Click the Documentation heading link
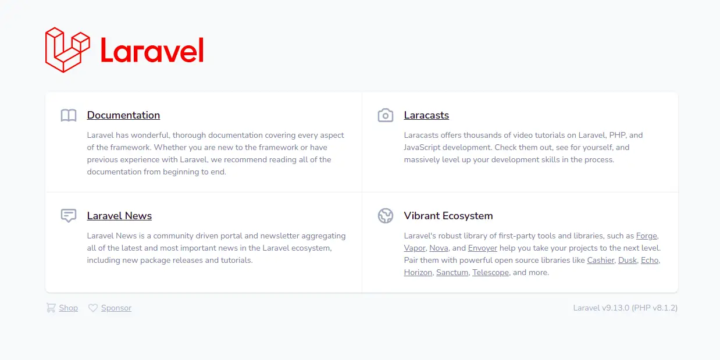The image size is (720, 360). click(123, 115)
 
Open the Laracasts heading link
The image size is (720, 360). click(426, 115)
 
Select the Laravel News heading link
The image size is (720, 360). click(119, 216)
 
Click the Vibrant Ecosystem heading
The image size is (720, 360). click(448, 216)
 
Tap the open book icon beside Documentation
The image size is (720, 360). click(69, 115)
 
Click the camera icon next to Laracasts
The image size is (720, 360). click(386, 115)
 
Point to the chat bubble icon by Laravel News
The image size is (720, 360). click(69, 216)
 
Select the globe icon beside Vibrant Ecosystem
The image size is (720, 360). click(386, 216)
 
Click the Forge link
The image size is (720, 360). click(646, 236)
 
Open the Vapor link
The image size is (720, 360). click(415, 248)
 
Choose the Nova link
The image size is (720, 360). click(439, 248)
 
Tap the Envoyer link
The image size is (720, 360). click(483, 248)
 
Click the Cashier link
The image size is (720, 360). click(600, 260)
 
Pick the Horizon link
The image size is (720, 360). click(418, 272)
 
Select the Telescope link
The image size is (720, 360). click(490, 272)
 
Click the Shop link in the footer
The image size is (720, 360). click(68, 308)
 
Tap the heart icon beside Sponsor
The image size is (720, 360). click(93, 308)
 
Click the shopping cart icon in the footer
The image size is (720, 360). click(51, 308)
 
